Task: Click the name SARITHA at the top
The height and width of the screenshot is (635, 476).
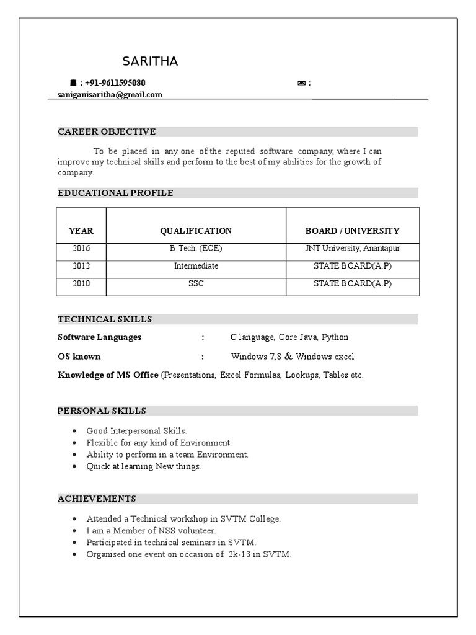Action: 150,61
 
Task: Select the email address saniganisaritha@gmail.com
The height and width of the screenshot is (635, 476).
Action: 110,95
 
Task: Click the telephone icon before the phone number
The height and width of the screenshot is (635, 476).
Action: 73,82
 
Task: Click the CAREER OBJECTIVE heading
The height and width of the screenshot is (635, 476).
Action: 107,131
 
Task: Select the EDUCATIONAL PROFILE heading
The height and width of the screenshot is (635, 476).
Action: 115,193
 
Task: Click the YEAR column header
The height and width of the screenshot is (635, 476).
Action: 81,231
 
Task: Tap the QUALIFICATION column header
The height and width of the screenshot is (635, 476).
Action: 196,231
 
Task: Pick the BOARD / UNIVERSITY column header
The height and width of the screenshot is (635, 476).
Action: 353,231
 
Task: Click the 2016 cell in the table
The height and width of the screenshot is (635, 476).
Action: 81,248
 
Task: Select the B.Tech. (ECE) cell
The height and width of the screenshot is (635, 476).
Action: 196,248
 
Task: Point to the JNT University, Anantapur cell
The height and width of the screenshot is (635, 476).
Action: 353,248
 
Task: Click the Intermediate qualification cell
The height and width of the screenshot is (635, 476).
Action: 196,266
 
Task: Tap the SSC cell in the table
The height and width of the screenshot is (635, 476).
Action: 196,283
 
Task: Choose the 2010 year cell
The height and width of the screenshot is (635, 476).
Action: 81,283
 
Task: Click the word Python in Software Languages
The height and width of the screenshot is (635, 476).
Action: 335,337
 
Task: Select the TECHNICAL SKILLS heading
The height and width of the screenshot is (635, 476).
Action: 105,319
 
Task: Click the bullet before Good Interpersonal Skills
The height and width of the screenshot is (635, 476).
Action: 74,430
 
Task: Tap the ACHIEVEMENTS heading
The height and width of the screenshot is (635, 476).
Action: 97,499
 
